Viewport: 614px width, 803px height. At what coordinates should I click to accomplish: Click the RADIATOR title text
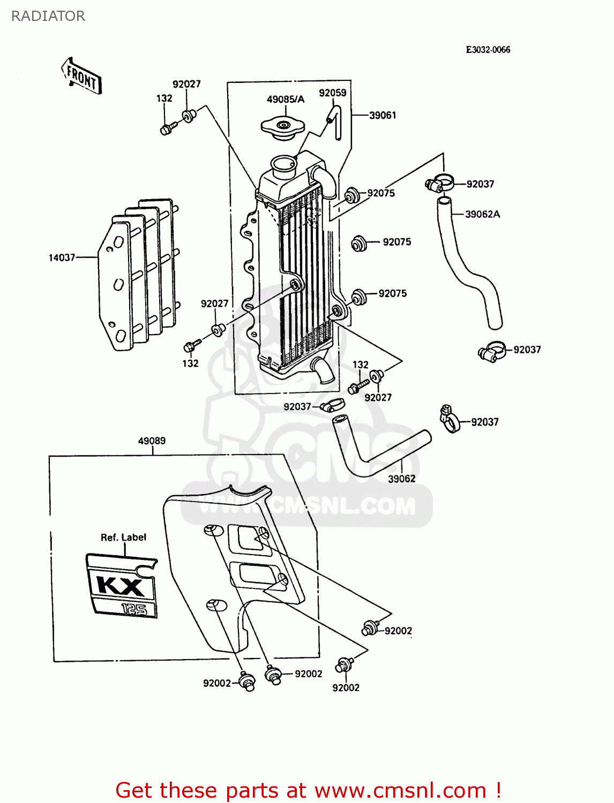point(48,16)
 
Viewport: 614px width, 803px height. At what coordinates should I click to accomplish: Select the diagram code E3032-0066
point(488,50)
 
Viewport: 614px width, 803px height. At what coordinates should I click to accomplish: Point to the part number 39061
point(383,115)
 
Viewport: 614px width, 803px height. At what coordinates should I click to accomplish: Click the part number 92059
point(332,93)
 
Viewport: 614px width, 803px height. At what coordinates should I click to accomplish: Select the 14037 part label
point(62,257)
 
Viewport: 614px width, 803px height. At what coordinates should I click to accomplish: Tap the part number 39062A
point(482,214)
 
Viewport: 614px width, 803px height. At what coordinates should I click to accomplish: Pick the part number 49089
point(152,441)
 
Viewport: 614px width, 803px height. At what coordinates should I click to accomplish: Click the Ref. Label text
point(123,537)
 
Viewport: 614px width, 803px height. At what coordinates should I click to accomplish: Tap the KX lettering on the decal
point(121,585)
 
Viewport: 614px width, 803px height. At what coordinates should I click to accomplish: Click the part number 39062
point(401,479)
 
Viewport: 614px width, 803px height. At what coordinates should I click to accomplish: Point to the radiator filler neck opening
point(283,163)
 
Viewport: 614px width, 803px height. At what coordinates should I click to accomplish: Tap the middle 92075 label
point(396,242)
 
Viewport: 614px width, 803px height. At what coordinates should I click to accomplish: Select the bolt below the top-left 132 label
point(167,129)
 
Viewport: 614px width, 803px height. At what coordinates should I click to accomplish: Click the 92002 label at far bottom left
point(216,683)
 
